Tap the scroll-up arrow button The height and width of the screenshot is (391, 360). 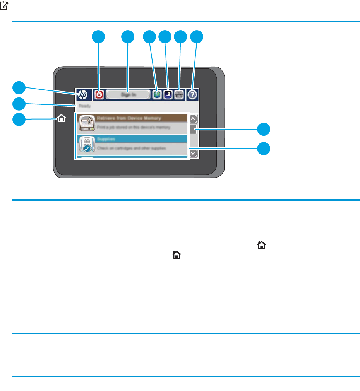click(193, 119)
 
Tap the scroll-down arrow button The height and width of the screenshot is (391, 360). click(193, 153)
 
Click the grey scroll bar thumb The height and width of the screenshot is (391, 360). click(193, 131)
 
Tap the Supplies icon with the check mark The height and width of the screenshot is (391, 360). click(86, 145)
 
